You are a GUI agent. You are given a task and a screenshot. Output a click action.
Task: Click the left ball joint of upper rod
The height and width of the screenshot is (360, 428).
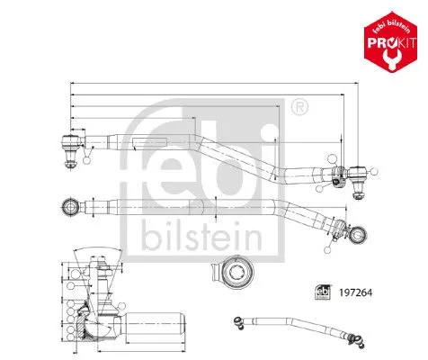pyautogui.click(x=70, y=141)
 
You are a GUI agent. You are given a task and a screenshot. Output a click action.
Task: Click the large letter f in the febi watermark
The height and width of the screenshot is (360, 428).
pyautogui.click(x=153, y=153)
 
